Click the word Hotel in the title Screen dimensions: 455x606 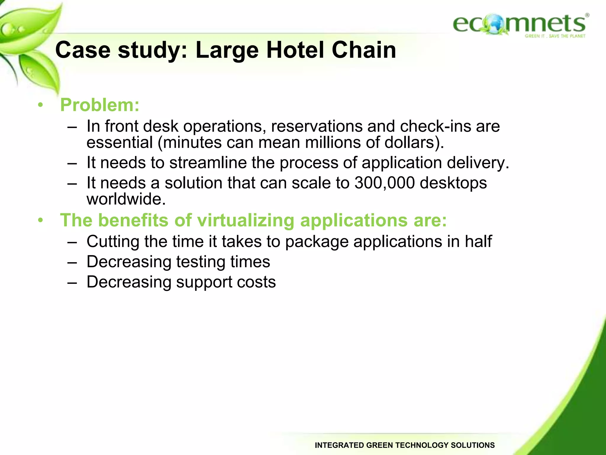pos(296,50)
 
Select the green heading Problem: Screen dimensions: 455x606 pos(100,105)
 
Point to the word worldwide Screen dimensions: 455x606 pos(126,199)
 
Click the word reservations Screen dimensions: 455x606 pos(316,126)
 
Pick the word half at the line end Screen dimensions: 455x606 pos(478,241)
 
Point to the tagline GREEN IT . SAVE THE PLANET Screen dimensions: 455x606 pos(555,36)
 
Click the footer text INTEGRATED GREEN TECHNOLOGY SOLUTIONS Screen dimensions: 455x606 pos(404,445)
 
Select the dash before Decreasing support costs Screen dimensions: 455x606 pos(72,282)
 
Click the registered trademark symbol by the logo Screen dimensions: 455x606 pos(587,15)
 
